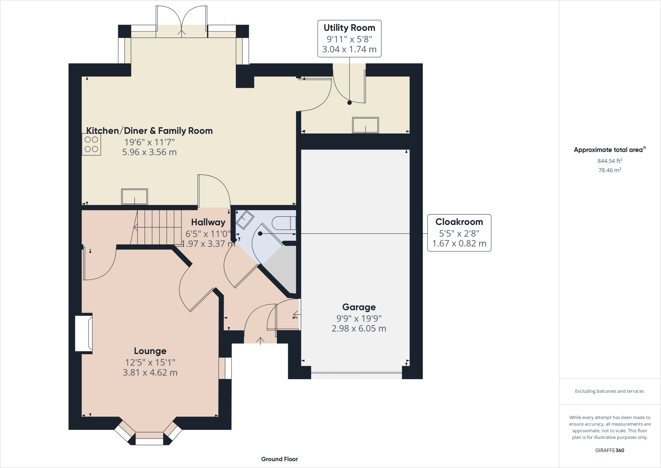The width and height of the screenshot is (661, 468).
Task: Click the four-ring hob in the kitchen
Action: [91, 144]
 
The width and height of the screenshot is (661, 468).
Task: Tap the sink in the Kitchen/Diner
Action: [134, 196]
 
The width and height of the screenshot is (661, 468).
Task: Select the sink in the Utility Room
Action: [365, 125]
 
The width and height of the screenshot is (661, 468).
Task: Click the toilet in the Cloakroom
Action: [284, 223]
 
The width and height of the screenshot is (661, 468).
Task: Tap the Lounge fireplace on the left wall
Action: [84, 333]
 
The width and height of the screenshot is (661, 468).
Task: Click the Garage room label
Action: [359, 307]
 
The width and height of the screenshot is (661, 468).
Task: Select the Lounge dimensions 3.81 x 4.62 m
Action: [150, 373]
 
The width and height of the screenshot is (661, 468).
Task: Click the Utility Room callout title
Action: [349, 28]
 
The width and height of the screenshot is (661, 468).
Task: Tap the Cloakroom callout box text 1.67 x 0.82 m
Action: [459, 243]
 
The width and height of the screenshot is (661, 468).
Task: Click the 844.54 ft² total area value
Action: [610, 161]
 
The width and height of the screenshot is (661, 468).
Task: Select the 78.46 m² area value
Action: [610, 170]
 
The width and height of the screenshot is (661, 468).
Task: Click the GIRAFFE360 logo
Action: [609, 450]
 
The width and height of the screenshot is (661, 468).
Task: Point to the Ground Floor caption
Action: [280, 459]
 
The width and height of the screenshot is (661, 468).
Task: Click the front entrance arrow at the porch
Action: [260, 341]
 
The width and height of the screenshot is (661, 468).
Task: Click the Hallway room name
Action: [208, 222]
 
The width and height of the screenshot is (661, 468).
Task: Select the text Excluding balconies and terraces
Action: [609, 391]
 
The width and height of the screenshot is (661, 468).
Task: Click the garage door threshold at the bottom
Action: [356, 373]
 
